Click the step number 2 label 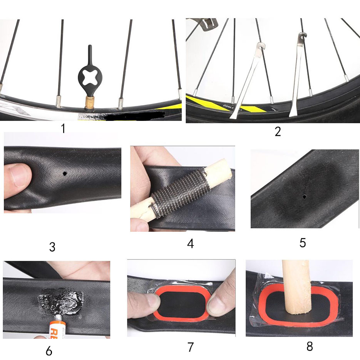click(278, 132)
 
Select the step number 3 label click(52, 247)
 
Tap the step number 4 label click(190, 244)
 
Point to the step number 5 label click(303, 243)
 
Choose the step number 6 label click(49, 351)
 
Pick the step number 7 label click(190, 347)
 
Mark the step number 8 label click(309, 346)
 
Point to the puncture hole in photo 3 click(65, 174)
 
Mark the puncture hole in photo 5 click(304, 196)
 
